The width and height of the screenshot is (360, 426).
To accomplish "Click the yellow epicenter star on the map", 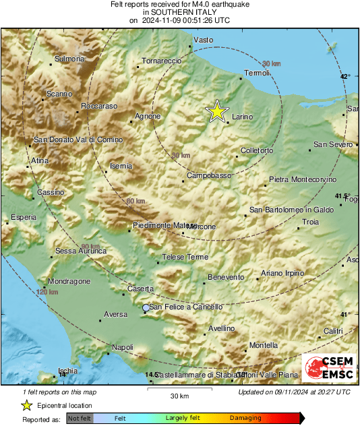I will (216, 111).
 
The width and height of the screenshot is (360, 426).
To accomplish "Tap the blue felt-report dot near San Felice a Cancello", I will (146, 307).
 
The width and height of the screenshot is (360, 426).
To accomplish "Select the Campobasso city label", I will (204, 175).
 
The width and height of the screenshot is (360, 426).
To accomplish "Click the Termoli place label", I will (256, 73).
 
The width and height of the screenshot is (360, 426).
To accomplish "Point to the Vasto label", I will (203, 40).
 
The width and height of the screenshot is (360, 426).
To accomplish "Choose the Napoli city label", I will (122, 346).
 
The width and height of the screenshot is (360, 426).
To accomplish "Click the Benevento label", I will (225, 277).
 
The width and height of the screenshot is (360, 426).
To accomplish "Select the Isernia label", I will (121, 165).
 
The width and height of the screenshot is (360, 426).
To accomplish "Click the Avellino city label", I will (220, 328).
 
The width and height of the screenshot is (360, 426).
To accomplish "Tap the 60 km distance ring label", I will (136, 201).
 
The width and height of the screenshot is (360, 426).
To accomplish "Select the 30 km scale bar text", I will (179, 395).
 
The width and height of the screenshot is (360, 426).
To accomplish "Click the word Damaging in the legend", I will (245, 418).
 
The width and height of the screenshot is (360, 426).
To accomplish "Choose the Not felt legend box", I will (79, 419).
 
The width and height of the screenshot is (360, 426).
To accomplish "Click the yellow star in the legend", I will (26, 405).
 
